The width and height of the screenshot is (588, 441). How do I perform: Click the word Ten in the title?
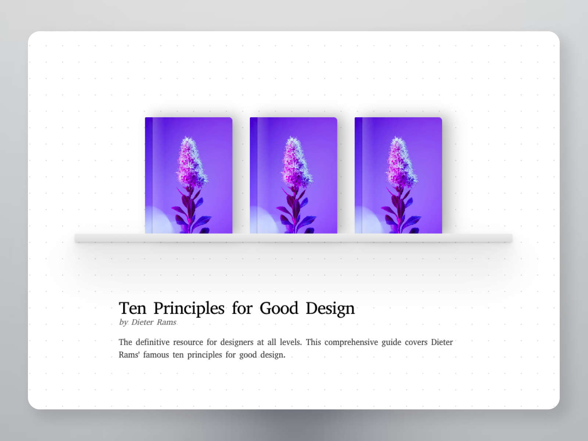pyautogui.click(x=133, y=308)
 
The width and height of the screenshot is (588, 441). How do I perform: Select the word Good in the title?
pyautogui.click(x=279, y=308)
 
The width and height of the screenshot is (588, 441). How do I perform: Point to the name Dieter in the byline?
pyautogui.click(x=142, y=322)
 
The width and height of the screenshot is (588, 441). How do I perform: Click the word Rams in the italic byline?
pyautogui.click(x=166, y=322)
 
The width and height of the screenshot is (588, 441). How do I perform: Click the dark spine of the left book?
pyautogui.click(x=149, y=175)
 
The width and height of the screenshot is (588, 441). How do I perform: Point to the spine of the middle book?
pyautogui.click(x=254, y=175)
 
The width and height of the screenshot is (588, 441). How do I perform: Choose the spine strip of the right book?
pyautogui.click(x=358, y=175)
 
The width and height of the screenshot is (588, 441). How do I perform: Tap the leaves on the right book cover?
pyautogui.click(x=401, y=212)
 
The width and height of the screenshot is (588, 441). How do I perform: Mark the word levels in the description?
pyautogui.click(x=291, y=342)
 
